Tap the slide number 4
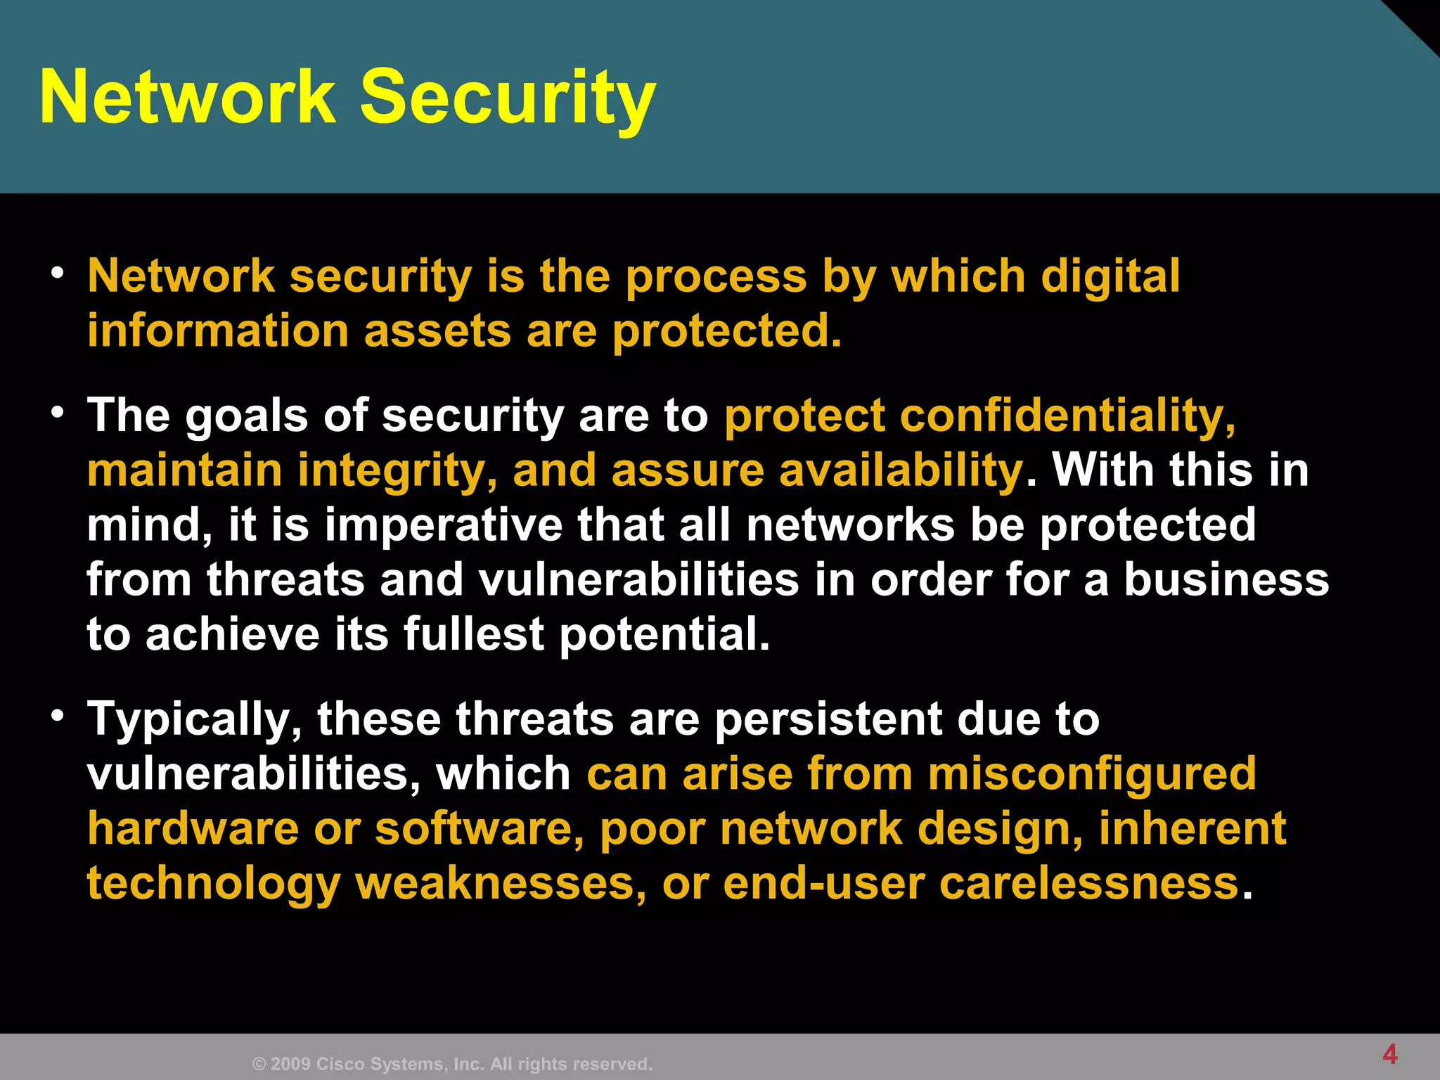click(1390, 1054)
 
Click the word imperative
click(443, 525)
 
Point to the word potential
click(664, 634)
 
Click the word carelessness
click(1088, 883)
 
